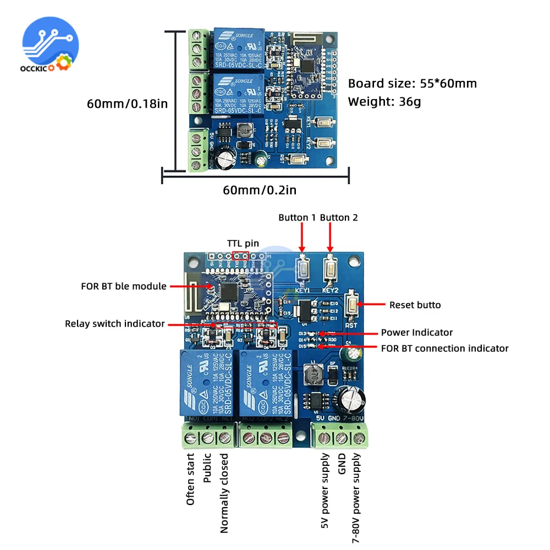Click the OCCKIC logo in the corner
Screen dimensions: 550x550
click(x=50, y=47)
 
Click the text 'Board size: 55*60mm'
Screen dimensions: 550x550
click(x=413, y=84)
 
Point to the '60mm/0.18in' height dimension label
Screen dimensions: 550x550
click(x=127, y=103)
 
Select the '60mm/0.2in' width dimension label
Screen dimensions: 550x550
click(x=259, y=190)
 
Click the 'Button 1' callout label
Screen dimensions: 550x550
click(x=297, y=218)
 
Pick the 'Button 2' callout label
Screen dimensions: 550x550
click(x=339, y=218)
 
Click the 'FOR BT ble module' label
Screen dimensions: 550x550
click(x=124, y=286)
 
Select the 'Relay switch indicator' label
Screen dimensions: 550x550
click(x=115, y=323)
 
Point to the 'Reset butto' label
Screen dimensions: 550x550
click(x=415, y=305)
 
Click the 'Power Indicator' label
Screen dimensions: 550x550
click(x=417, y=332)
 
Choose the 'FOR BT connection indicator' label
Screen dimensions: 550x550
click(x=445, y=348)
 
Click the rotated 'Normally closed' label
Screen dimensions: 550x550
click(x=224, y=493)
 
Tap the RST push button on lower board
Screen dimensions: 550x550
click(x=351, y=304)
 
